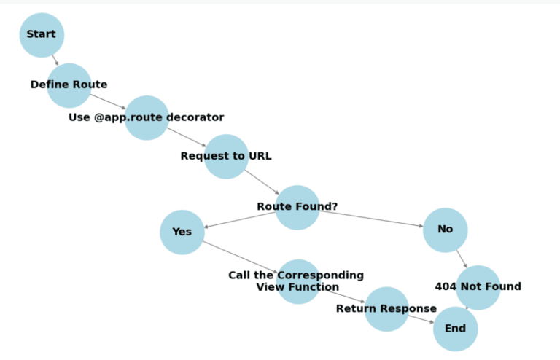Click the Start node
click(42, 35)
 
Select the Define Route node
click(69, 85)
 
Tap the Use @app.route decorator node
click(147, 117)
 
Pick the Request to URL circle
click(226, 156)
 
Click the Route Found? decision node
click(297, 207)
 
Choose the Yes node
click(182, 232)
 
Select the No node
click(445, 230)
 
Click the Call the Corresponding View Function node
click(298, 281)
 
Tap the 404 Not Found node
click(478, 287)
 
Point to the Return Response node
click(386, 309)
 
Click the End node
click(455, 329)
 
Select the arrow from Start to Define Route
click(55, 60)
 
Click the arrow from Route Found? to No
click(371, 219)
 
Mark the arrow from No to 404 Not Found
click(462, 259)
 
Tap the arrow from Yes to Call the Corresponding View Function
click(240, 257)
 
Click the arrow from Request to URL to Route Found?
click(262, 181)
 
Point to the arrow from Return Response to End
click(421, 318)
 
